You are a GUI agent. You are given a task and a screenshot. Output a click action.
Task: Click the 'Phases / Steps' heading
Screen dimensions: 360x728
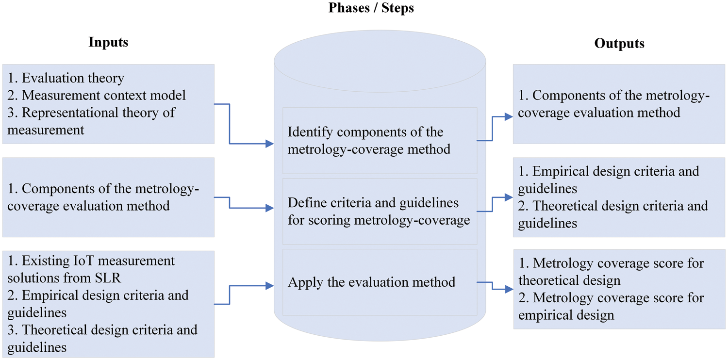coord(371,8)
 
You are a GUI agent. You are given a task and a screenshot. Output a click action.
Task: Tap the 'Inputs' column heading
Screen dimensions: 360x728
coord(108,42)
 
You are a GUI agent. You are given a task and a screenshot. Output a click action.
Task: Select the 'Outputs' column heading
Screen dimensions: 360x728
coord(619,43)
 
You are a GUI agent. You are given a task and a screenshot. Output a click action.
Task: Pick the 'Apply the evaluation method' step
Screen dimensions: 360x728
coord(372,282)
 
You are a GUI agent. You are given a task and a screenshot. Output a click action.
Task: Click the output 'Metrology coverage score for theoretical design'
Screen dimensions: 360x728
coord(611,272)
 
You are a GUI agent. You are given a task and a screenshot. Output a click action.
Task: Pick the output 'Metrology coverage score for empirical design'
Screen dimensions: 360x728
coord(611,306)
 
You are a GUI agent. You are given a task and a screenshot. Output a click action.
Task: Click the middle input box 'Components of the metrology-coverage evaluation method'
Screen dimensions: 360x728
coord(108,197)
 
